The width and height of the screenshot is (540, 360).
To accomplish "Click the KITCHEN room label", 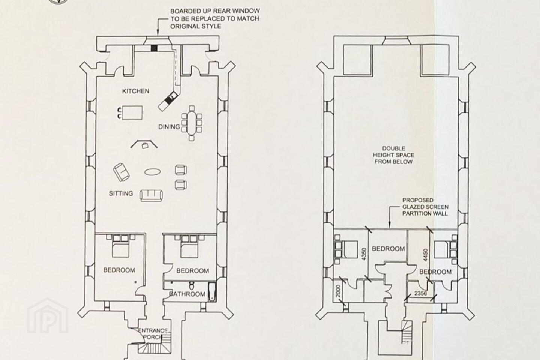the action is coord(135,91).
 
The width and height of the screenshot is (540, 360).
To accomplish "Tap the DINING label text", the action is coord(169,127).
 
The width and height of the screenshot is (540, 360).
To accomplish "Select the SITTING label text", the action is coord(121,193).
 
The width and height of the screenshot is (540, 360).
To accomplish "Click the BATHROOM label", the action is coord(187,294).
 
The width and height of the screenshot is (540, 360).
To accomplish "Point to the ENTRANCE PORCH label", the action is coord(153,333).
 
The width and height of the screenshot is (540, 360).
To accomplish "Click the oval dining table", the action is coord(192,123).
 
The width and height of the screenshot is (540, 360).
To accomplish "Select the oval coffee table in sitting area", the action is coord(153,172).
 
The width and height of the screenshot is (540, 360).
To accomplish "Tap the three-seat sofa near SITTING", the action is coord(151,195).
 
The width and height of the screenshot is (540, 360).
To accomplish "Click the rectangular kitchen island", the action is coord(132,112).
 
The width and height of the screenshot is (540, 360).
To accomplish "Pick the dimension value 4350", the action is coord(364,254).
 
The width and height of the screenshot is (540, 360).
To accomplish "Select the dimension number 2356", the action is coord(420,293).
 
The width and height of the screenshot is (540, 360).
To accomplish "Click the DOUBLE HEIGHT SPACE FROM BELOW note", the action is coord(393,155).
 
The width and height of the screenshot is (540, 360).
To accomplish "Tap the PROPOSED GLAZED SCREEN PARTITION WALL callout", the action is coord(425,207).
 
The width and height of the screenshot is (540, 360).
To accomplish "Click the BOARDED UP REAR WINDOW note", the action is coord(215,19).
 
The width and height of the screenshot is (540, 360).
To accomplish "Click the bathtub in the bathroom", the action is coord(212,292).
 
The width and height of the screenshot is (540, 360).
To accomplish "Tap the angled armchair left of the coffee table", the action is coord(121,172).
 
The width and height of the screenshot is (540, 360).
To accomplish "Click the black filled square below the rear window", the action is coord(154,48).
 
